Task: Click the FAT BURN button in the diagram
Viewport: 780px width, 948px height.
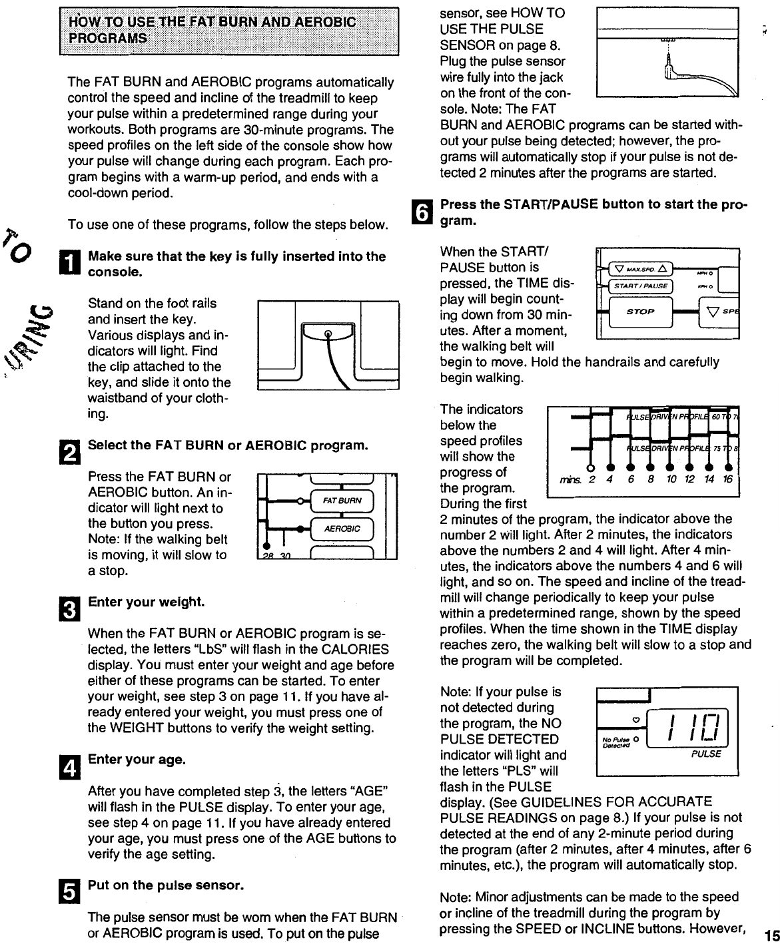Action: (x=342, y=501)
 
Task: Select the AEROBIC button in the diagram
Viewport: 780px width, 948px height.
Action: (x=342, y=529)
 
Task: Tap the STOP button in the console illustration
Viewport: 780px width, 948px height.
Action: (x=640, y=312)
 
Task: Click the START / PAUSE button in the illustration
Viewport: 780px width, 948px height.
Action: (x=640, y=286)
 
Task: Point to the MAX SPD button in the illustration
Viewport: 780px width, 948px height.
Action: (x=640, y=269)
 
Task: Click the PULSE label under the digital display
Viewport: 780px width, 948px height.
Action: (x=706, y=754)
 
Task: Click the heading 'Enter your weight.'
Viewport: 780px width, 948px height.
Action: (x=146, y=602)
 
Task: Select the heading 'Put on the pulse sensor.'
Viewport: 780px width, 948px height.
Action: (x=167, y=885)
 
